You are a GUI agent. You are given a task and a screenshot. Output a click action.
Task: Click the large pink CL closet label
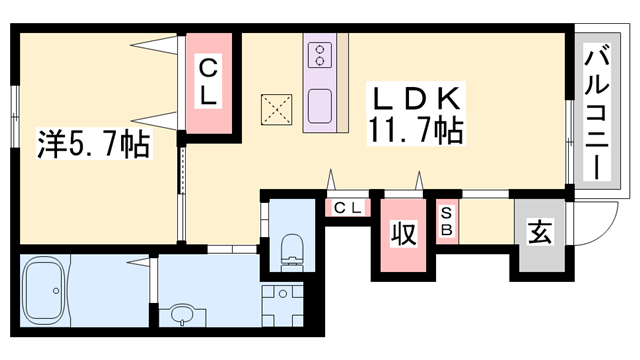coord(210,84)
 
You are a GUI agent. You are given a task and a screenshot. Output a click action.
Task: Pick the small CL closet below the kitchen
coord(347,209)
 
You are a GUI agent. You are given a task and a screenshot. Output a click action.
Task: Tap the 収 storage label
coord(402,236)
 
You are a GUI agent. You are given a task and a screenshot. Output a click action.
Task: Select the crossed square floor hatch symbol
coord(275,107)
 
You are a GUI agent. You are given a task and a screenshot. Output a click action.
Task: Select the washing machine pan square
coord(282,303)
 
